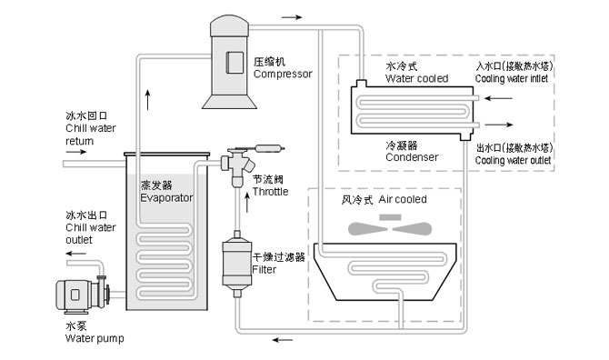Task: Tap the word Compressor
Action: pyautogui.click(x=283, y=74)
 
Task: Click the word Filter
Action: pyautogui.click(x=265, y=270)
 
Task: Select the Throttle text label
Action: pyautogui.click(x=270, y=192)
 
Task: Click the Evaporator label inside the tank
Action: pyautogui.click(x=166, y=196)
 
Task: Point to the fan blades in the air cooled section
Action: pyautogui.click(x=387, y=227)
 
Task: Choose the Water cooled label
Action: pyautogui.click(x=416, y=79)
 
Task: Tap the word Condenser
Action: pyautogui.click(x=411, y=156)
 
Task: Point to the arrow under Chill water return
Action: pyautogui.click(x=75, y=152)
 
